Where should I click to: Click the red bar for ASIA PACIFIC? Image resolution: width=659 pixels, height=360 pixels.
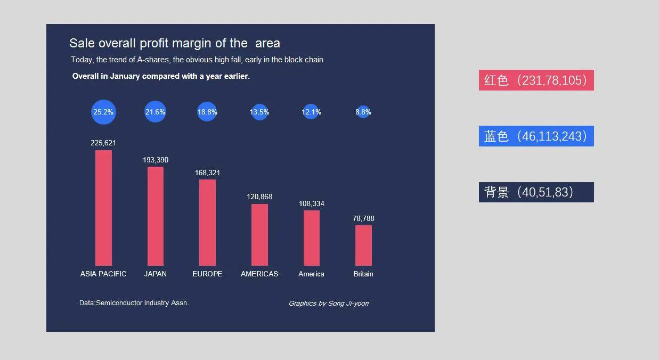click(x=103, y=208)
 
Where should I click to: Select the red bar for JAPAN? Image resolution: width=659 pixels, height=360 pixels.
click(x=156, y=216)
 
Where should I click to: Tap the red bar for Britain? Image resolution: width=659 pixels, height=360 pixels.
click(x=363, y=245)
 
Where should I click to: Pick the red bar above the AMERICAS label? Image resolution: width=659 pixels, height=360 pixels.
click(x=259, y=234)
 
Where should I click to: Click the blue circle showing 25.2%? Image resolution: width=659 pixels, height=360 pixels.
click(x=103, y=112)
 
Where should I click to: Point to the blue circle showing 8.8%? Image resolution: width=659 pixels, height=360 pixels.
click(x=363, y=112)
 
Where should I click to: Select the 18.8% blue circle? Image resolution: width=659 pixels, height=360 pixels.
click(x=207, y=112)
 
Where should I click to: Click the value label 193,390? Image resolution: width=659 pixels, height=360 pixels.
click(x=156, y=160)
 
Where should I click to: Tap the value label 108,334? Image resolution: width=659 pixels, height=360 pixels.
click(x=312, y=204)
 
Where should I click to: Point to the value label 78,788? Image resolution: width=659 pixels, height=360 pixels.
click(x=363, y=219)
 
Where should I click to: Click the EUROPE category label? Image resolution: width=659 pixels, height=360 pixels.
click(x=207, y=274)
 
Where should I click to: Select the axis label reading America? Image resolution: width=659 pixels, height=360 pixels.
click(x=311, y=274)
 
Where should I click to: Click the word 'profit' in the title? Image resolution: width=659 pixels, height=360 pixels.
click(x=154, y=44)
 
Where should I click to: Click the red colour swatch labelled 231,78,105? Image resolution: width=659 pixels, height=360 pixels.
click(x=536, y=80)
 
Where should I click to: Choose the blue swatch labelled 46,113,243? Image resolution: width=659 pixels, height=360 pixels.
click(x=536, y=136)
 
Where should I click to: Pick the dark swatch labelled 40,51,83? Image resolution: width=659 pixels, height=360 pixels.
click(x=536, y=192)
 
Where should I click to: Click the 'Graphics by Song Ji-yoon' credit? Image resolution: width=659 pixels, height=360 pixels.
click(x=328, y=304)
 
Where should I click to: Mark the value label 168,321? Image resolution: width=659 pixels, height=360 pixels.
click(x=207, y=173)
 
